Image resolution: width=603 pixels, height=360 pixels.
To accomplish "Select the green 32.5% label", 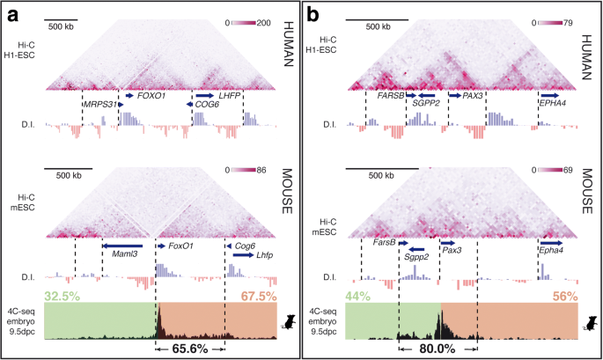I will [x=62, y=297].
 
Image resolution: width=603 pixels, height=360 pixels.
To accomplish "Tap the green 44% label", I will [x=359, y=297].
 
